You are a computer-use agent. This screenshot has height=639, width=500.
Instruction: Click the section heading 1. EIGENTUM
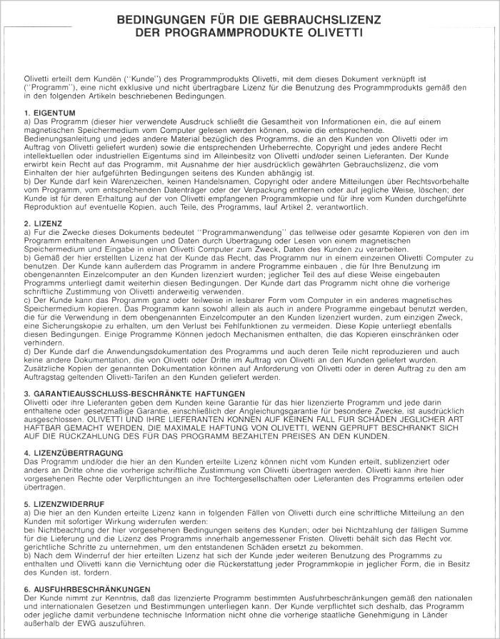point(49,113)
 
